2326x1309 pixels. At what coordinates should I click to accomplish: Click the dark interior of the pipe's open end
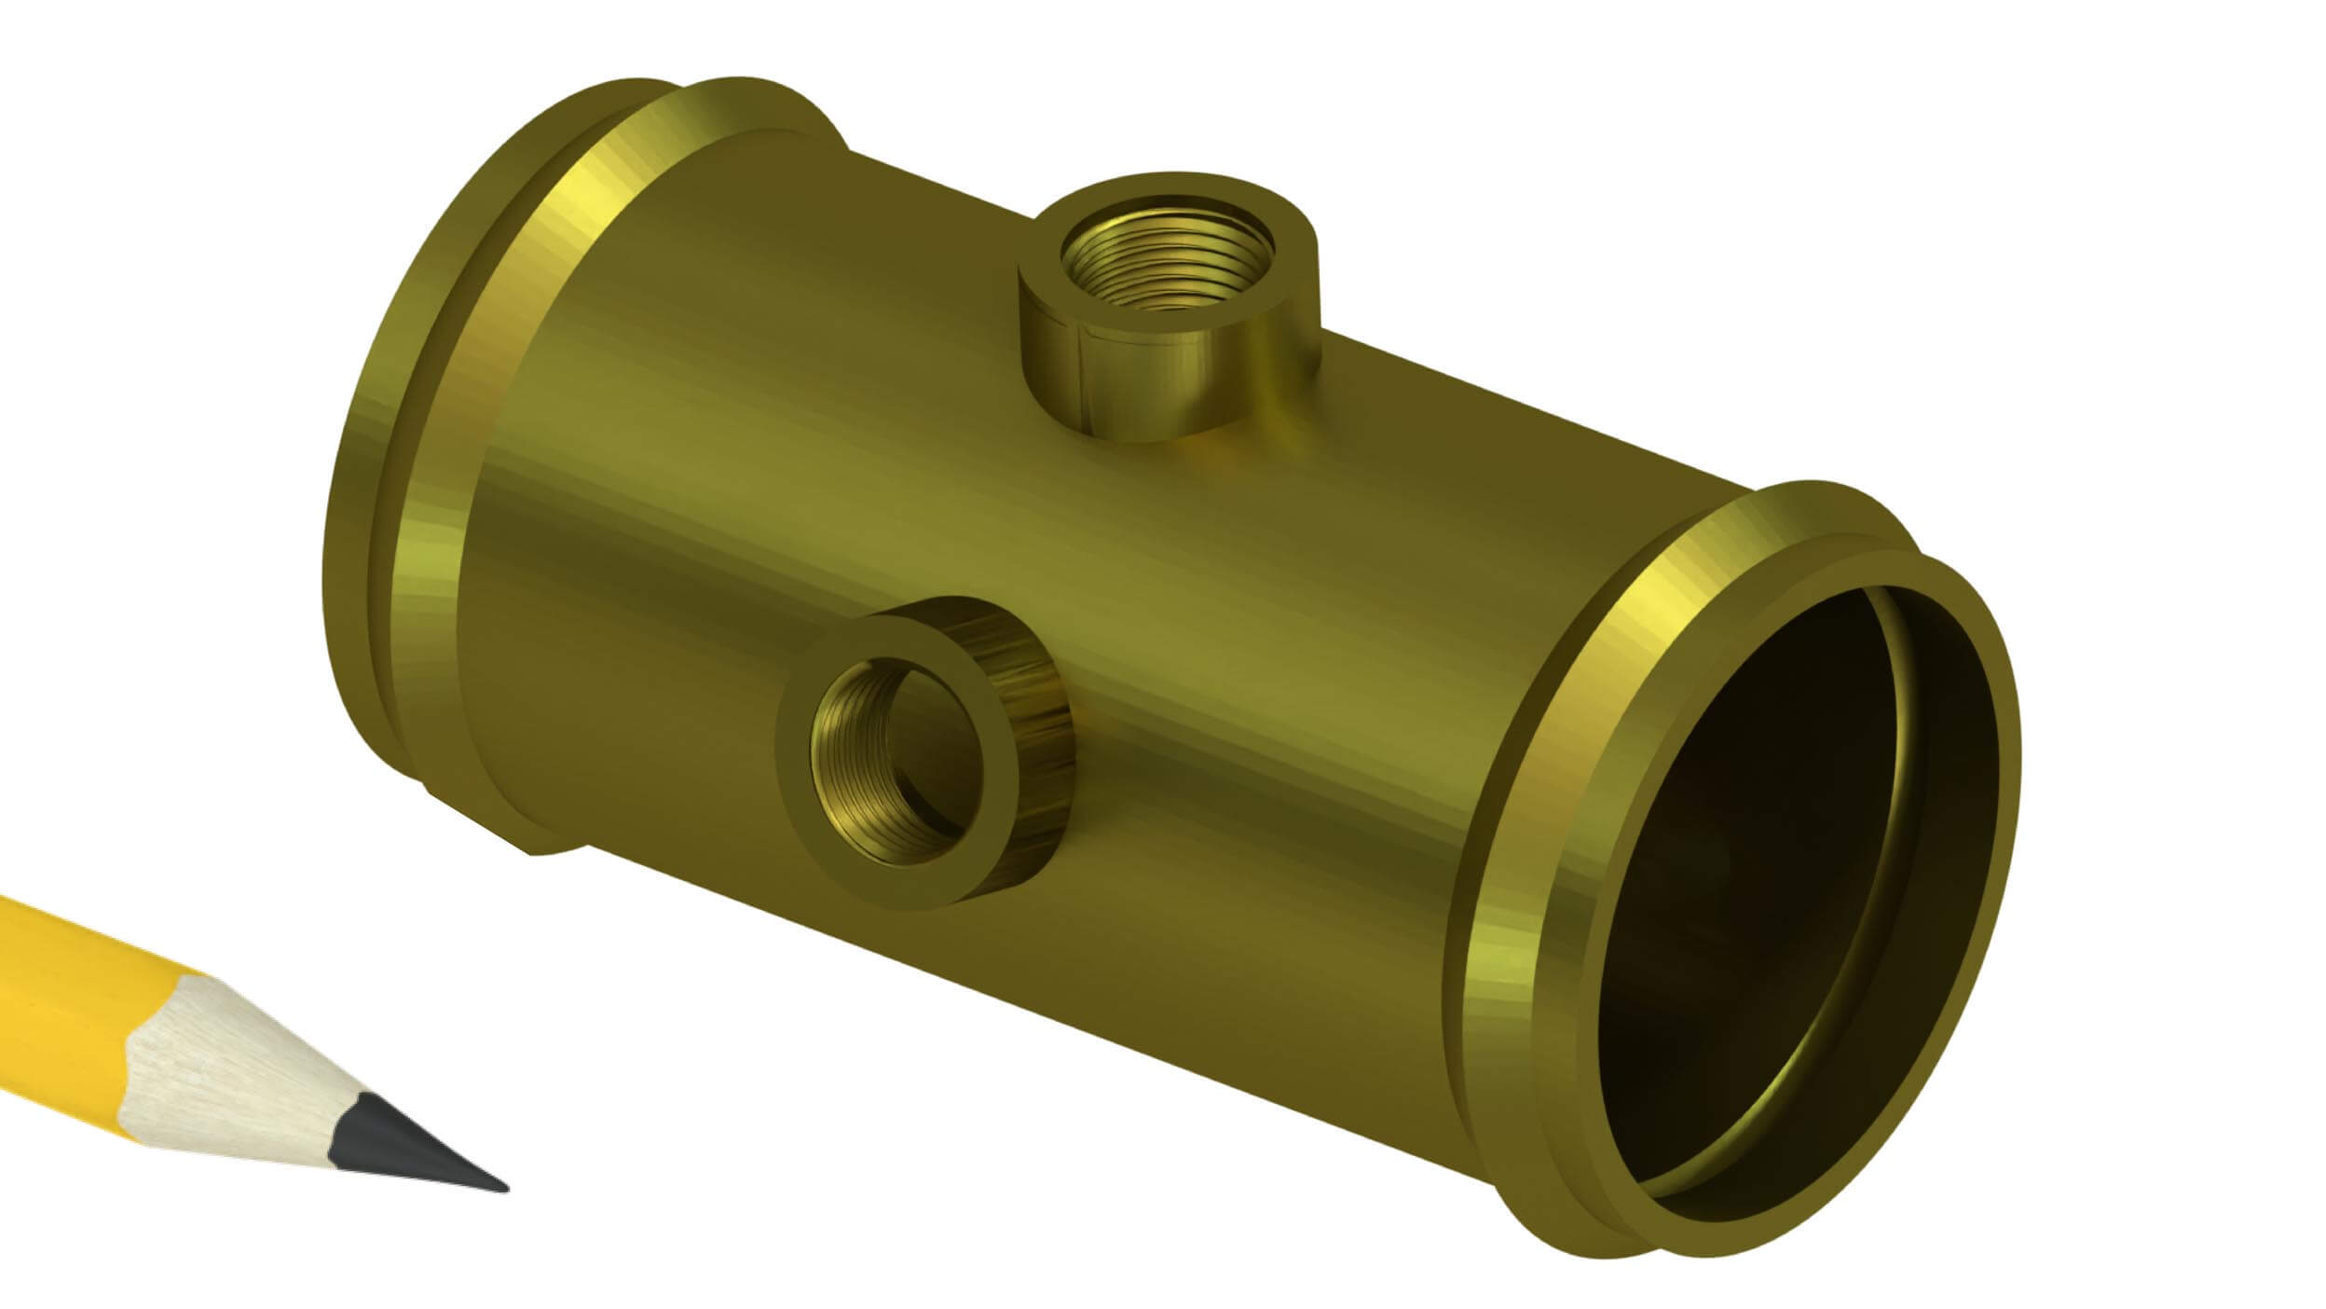coord(1771,886)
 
